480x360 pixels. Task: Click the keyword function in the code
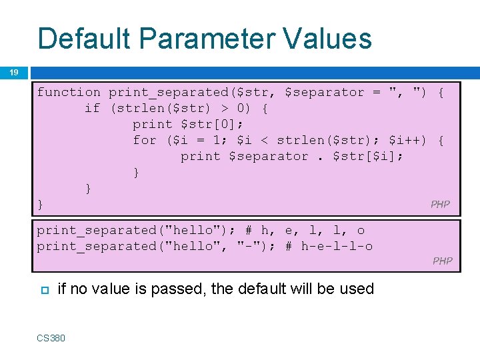click(69, 92)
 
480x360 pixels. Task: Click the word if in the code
click(92, 108)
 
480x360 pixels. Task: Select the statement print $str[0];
click(188, 124)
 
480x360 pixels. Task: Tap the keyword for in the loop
click(145, 140)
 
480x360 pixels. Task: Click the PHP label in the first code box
click(440, 205)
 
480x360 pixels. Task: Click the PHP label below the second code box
click(443, 261)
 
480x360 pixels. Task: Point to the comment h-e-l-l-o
click(337, 246)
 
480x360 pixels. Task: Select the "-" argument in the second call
click(248, 246)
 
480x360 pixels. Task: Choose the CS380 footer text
click(51, 338)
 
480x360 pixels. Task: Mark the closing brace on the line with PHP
click(40, 204)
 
